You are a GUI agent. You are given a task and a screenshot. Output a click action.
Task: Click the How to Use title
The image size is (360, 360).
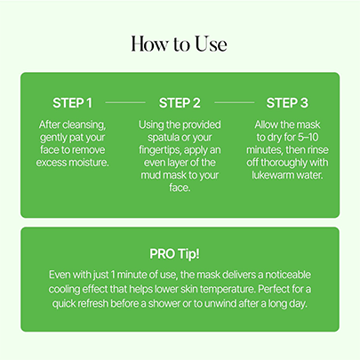(179, 44)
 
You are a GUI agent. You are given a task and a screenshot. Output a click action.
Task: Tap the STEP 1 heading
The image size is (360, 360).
(72, 103)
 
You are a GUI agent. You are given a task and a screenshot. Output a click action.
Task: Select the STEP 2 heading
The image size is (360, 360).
(180, 103)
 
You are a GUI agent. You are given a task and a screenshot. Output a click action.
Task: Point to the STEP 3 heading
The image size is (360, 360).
(287, 103)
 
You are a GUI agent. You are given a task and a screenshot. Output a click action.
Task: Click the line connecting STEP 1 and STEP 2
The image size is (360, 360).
(125, 102)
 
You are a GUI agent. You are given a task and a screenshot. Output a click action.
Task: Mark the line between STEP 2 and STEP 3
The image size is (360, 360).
(234, 102)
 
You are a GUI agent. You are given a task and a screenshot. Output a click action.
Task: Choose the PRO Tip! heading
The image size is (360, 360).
(174, 254)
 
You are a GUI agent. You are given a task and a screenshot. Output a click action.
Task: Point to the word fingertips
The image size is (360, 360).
(159, 150)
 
